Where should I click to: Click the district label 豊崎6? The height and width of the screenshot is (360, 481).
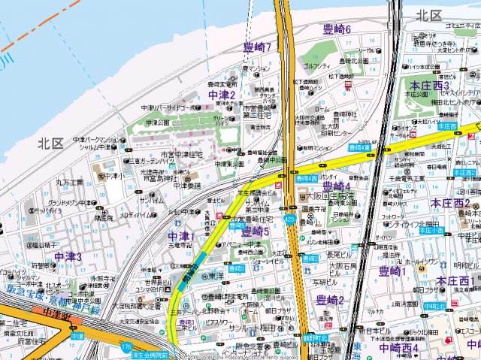(337, 29)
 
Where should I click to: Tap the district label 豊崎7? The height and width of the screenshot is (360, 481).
(258, 47)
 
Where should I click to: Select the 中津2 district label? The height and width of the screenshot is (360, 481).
(222, 95)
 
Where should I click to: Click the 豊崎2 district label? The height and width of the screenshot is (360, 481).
(330, 300)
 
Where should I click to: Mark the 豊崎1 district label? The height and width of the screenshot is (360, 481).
(393, 271)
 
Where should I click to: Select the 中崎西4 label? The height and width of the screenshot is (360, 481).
(398, 348)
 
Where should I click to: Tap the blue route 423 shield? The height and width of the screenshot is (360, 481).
(289, 220)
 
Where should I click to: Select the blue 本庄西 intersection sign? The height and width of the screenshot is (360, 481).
(446, 126)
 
